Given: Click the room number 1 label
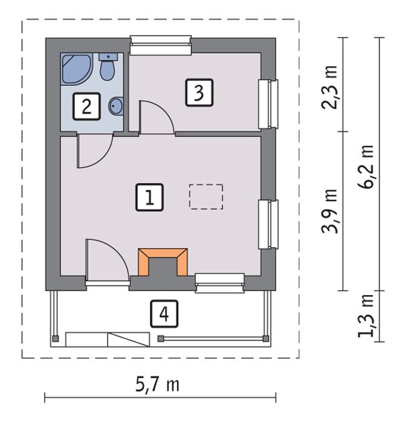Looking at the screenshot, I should tap(150, 198).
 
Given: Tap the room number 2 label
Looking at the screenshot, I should tap(86, 108).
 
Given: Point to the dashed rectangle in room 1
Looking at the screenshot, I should tap(206, 197).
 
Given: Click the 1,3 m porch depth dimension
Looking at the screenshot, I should tap(367, 316).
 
